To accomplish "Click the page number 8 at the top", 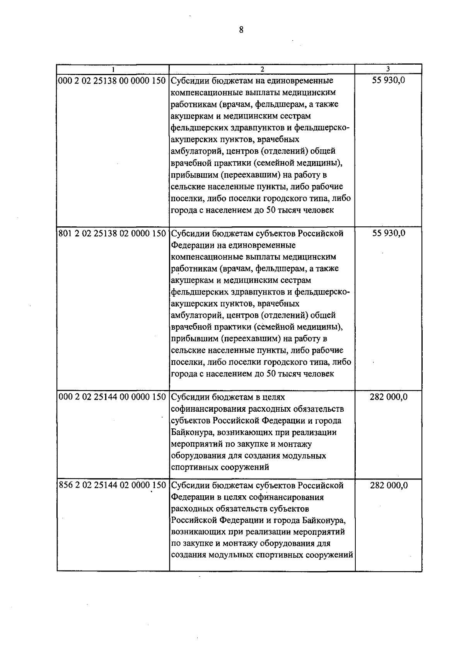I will tap(241, 30).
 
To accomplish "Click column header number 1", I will tap(113, 69).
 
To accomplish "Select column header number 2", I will tap(262, 69).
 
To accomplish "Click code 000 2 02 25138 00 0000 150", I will tap(112, 81).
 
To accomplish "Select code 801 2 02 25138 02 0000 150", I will tap(112, 233).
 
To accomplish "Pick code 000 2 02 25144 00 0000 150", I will tap(112, 397).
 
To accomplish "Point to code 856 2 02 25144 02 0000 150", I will tap(112, 485).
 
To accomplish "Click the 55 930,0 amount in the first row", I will tap(389, 81).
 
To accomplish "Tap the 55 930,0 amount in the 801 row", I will tap(389, 233).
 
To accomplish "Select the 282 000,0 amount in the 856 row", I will tap(389, 485).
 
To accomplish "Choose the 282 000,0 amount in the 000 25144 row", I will tap(389, 397).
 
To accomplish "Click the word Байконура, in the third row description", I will tap(190, 432).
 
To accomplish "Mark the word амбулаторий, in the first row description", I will tap(197, 151).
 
